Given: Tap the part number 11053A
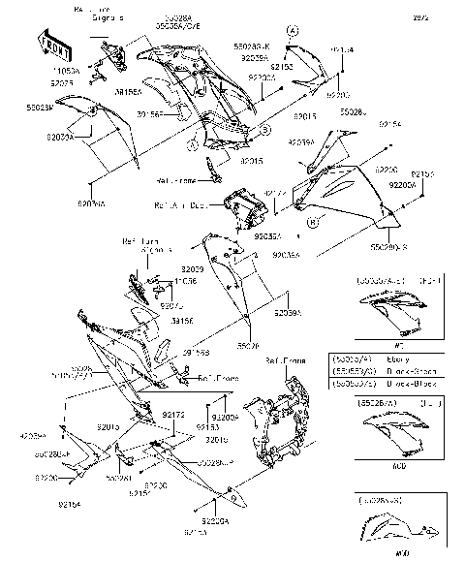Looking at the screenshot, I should [64, 72].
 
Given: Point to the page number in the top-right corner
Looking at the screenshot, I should [447, 17].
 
